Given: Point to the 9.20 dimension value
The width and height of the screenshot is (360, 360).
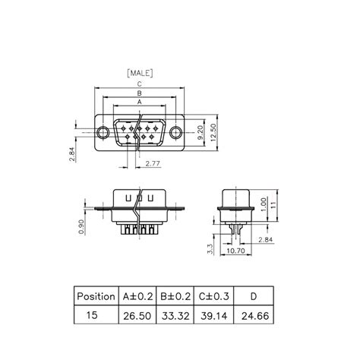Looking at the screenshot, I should coord(199,132).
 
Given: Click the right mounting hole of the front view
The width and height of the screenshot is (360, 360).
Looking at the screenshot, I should coord(177,133).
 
